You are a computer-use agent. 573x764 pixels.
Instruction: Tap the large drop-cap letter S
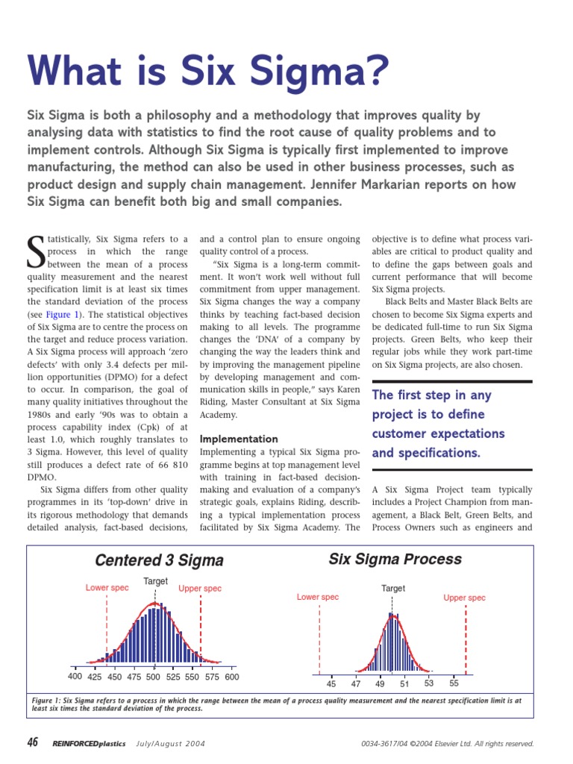(x=36, y=254)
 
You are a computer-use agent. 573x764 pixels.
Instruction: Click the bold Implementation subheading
(x=239, y=439)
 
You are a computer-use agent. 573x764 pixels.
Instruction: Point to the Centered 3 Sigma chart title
(x=159, y=560)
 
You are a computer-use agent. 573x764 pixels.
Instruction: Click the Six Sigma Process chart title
(x=395, y=559)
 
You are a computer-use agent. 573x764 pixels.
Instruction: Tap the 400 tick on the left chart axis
(x=75, y=677)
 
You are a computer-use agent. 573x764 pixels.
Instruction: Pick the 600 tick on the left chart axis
(x=231, y=677)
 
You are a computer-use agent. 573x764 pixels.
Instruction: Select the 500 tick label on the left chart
(x=153, y=677)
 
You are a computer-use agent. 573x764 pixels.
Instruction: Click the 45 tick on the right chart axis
(x=331, y=683)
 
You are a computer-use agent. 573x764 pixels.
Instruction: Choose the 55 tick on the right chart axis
(x=454, y=683)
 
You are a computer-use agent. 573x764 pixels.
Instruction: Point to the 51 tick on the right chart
(x=404, y=683)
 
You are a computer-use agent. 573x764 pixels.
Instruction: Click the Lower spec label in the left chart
(x=107, y=588)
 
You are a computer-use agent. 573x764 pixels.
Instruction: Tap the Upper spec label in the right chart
(x=464, y=598)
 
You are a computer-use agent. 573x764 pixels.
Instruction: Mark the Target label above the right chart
(x=393, y=589)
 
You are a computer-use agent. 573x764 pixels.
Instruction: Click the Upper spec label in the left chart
(x=200, y=589)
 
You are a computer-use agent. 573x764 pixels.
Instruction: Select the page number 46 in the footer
(x=32, y=742)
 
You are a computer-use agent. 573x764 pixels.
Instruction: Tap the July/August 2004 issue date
(x=170, y=744)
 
